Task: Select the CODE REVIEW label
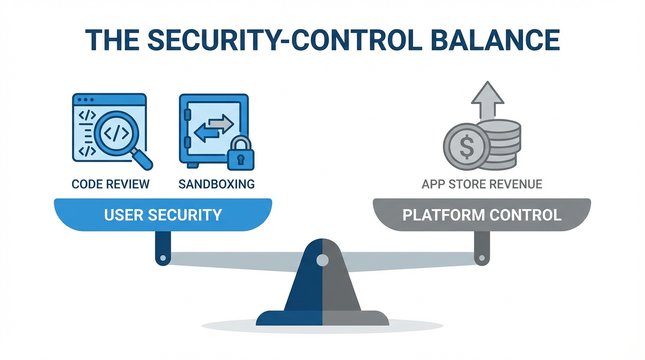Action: click(111, 184)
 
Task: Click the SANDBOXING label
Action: click(217, 184)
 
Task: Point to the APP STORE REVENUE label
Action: click(482, 184)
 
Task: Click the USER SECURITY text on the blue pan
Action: click(163, 215)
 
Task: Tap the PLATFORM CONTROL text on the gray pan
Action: click(482, 215)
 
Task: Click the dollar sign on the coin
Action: click(466, 147)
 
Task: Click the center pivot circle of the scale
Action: click(322, 260)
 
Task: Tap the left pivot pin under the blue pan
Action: click(163, 258)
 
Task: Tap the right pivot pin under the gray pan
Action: click(481, 258)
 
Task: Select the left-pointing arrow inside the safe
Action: click(206, 133)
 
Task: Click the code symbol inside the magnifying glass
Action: click(115, 134)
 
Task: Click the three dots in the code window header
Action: click(86, 100)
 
